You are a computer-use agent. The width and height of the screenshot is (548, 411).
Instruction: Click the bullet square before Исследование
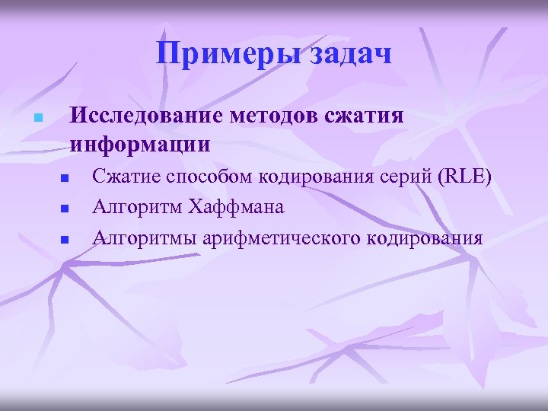coord(36,119)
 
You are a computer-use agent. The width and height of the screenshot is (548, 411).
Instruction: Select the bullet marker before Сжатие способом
coord(65,179)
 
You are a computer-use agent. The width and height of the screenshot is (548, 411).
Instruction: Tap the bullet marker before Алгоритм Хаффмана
coord(65,209)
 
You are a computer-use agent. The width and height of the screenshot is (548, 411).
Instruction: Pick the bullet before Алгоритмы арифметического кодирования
coord(65,239)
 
